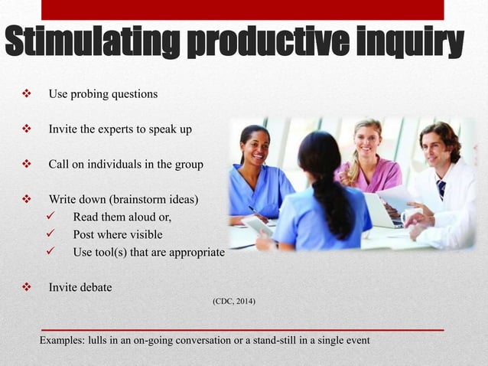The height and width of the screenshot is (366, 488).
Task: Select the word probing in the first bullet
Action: click(x=86, y=94)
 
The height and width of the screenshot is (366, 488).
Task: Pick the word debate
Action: click(x=96, y=288)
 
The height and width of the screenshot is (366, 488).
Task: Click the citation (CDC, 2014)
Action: click(x=235, y=302)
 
